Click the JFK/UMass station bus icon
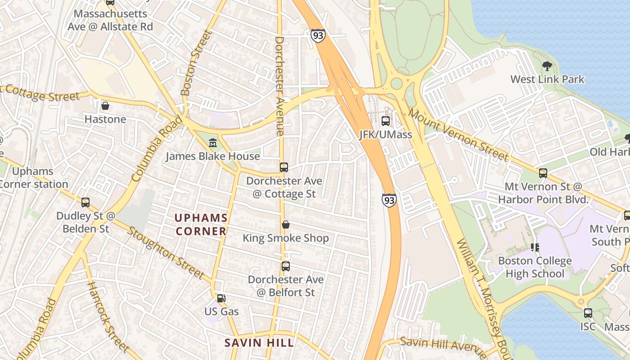pos(386,121)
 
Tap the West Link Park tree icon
pos(547,66)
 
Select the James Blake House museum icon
pos(213,143)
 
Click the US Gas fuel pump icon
pos(221,298)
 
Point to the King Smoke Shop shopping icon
pos(285,224)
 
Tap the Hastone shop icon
pos(105,106)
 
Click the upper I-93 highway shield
pos(318,36)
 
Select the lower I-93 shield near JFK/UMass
pos(389,200)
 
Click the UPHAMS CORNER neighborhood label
pos(201,225)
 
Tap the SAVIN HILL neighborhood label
pos(259,342)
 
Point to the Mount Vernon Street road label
pos(459,135)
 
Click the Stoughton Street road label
pos(166,252)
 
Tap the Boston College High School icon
pos(535,247)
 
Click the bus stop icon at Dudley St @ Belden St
pos(85,202)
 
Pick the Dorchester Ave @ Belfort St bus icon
pos(285,266)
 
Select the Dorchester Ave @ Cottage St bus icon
pos(283,167)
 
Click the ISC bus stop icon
pos(588,313)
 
